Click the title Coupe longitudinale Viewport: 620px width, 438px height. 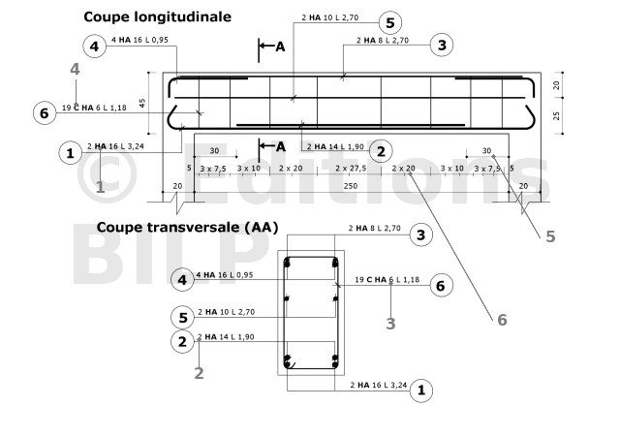[157, 17]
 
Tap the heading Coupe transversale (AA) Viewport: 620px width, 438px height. [187, 228]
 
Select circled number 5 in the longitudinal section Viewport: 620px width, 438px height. [390, 22]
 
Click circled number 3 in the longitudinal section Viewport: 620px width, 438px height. [442, 45]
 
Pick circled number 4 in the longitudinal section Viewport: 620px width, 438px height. [95, 47]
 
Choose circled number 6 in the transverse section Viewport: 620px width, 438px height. [442, 285]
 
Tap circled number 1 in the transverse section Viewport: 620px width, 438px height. [421, 391]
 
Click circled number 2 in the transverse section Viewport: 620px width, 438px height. [182, 341]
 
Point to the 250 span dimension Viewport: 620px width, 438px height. [351, 186]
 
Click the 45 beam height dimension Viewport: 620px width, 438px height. [142, 103]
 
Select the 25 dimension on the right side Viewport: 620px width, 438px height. [557, 115]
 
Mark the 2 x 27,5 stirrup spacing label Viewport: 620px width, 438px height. [351, 169]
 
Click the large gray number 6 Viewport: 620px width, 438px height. [502, 320]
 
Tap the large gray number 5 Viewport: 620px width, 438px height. [550, 236]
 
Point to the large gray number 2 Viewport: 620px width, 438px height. [199, 373]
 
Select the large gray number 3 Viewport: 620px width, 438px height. [390, 324]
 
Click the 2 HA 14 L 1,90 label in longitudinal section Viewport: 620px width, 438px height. [335, 146]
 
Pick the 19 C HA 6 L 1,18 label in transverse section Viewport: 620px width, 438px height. [387, 280]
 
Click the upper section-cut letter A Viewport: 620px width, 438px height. [280, 47]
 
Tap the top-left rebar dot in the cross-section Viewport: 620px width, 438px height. [288, 263]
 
